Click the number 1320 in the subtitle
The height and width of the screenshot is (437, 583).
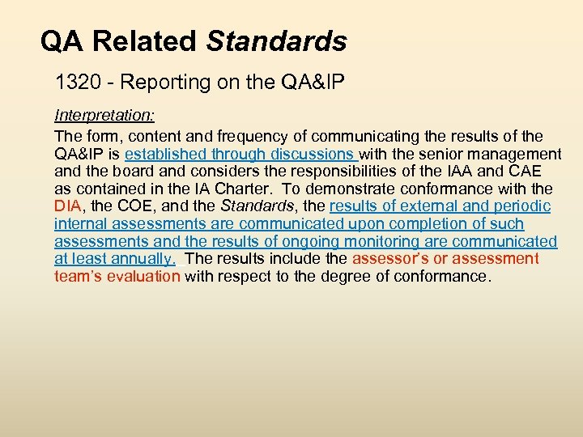point(72,82)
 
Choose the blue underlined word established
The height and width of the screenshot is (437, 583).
point(165,154)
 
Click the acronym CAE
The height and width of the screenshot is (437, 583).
point(530,171)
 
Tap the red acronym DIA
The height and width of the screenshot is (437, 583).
point(68,206)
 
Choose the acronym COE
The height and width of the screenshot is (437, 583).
point(134,206)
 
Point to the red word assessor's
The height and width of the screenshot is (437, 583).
point(393,259)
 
